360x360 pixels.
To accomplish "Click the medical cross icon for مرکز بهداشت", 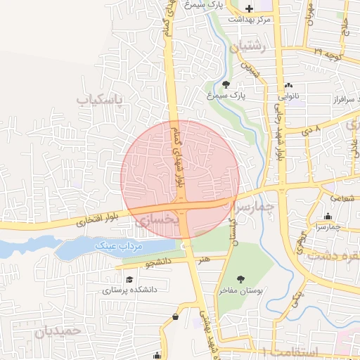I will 248,8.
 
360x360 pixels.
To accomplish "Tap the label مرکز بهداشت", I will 254,19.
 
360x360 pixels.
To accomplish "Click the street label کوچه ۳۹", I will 329,53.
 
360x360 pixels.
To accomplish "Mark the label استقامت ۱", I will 288,350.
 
